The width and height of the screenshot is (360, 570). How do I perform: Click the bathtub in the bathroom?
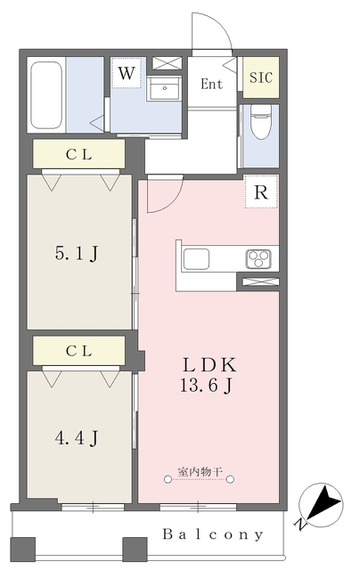(46, 95)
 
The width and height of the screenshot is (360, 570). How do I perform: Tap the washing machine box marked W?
(127, 73)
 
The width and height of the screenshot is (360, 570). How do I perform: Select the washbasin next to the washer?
(164, 88)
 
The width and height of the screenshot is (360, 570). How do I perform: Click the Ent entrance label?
(212, 85)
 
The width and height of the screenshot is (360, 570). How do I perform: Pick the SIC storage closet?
(261, 77)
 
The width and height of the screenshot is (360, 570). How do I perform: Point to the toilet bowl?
(261, 121)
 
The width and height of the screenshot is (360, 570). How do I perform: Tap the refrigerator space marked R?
(261, 191)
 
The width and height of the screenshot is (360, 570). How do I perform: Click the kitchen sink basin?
(196, 259)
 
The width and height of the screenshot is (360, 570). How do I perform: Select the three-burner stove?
(258, 259)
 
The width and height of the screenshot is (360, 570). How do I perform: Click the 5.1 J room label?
(77, 253)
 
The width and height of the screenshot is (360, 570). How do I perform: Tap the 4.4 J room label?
(77, 438)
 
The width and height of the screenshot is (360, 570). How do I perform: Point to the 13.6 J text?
(207, 386)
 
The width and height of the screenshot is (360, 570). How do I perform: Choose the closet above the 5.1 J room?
(79, 154)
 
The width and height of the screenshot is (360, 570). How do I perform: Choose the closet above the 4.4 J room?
(79, 350)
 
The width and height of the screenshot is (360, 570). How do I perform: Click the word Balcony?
(213, 534)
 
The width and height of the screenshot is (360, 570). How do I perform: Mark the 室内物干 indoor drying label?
(200, 472)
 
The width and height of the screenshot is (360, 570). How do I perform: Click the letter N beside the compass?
(299, 524)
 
